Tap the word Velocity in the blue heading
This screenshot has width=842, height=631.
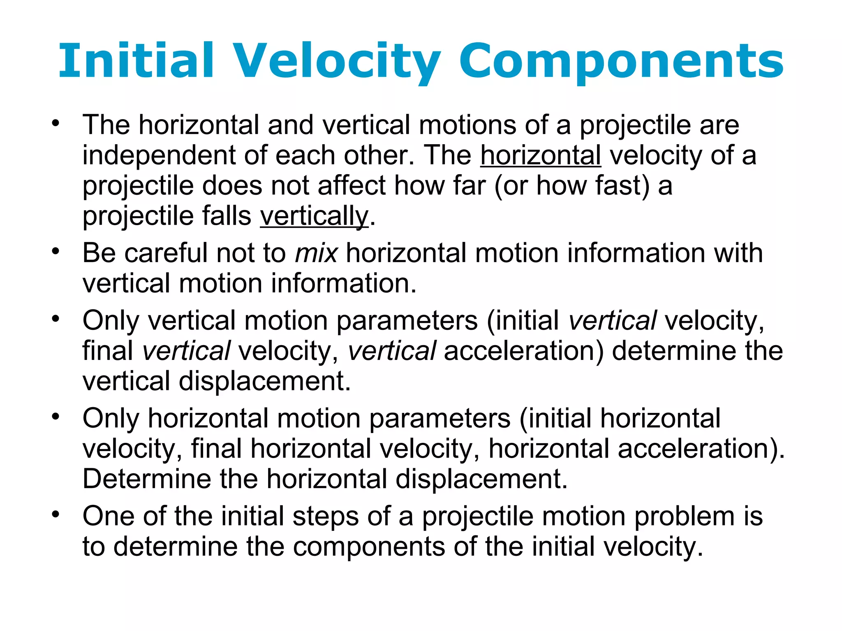pyautogui.click(x=337, y=62)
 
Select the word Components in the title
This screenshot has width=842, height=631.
pyautogui.click(x=621, y=62)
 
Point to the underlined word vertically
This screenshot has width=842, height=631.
pyautogui.click(x=314, y=216)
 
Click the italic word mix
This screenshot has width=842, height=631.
pyautogui.click(x=316, y=253)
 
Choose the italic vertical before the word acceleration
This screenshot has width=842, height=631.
pyautogui.click(x=391, y=351)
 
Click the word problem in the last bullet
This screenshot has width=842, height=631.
pyautogui.click(x=684, y=516)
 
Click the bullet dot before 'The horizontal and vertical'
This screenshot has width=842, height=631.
pyautogui.click(x=56, y=122)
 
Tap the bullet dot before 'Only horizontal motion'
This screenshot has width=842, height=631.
pyautogui.click(x=56, y=416)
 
